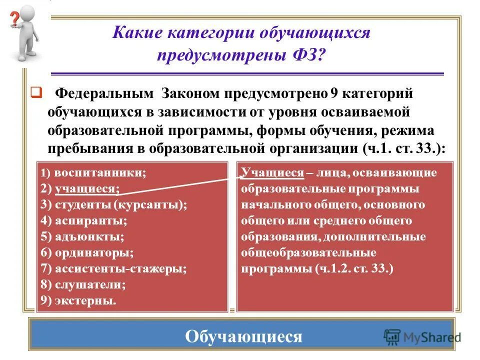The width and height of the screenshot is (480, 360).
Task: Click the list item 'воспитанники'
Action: point(100,173)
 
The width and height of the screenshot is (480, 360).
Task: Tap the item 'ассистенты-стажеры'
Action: point(120,268)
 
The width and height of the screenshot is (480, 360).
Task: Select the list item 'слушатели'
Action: point(89,284)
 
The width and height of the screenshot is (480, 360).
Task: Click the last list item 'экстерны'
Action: point(85,300)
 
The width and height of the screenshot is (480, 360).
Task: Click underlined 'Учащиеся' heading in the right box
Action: point(272,173)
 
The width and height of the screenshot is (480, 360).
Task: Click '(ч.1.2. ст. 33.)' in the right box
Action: point(354,269)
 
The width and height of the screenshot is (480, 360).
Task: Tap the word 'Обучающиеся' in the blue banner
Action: point(243,336)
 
